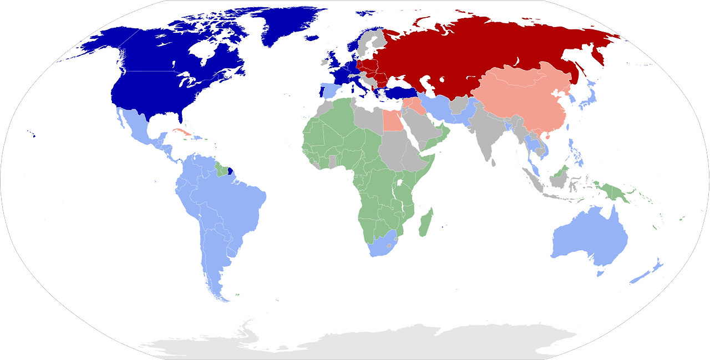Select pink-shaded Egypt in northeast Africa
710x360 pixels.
point(392,120)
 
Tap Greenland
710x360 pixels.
point(283,25)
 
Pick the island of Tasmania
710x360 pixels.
point(600,273)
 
